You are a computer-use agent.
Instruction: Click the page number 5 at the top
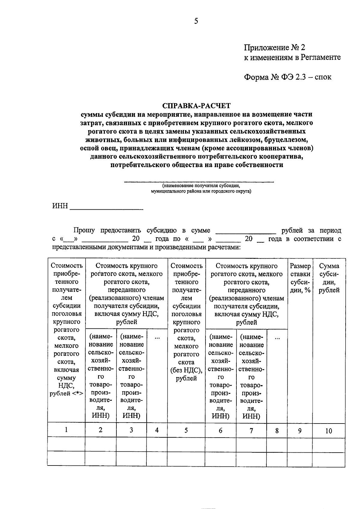196,21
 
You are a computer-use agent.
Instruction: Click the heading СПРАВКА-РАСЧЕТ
196,106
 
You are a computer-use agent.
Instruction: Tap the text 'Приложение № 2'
274,47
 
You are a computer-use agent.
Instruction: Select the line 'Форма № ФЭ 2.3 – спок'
287,77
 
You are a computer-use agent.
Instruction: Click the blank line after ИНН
106,207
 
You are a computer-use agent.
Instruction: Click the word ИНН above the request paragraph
60,206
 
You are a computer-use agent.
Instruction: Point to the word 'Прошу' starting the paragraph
84,230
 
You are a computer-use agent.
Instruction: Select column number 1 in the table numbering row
66,430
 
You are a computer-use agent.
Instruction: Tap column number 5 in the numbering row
186,430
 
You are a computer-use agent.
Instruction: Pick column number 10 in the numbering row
328,431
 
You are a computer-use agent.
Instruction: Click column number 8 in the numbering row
277,431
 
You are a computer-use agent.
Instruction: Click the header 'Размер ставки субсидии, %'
300,278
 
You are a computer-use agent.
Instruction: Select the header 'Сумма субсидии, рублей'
329,278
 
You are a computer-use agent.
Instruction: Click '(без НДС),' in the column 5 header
186,370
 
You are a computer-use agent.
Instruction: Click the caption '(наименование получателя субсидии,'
201,186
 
